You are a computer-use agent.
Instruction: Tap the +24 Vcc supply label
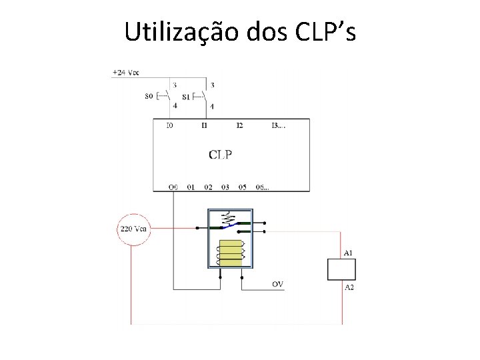coord(125,71)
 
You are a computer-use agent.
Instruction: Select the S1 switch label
coord(185,97)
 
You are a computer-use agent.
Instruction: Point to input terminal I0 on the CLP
coord(170,125)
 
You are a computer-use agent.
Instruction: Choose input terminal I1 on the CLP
coord(204,125)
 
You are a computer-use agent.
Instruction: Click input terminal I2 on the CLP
coord(239,125)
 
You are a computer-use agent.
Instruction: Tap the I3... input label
coord(278,125)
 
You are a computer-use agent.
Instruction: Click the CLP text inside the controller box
coord(221,155)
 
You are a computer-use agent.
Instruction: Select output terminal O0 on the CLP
coord(173,187)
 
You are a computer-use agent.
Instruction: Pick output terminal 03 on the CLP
coord(225,187)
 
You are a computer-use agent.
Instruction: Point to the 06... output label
coord(263,187)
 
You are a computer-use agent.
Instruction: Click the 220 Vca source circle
coord(133,229)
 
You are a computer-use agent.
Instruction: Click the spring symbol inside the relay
coord(229,218)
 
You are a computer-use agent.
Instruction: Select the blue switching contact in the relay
coord(229,227)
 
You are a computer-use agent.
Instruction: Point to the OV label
coord(277,285)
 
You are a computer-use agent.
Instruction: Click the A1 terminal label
coord(348,253)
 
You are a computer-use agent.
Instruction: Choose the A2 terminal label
coord(348,287)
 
